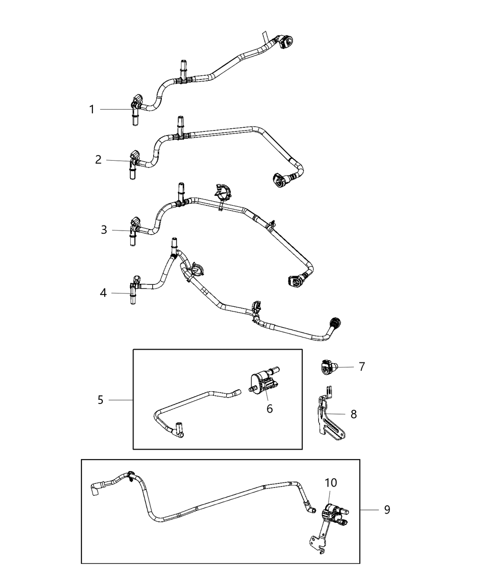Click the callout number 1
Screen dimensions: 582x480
tap(91, 110)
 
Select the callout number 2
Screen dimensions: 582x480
tap(98, 160)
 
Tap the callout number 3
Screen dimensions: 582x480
tap(104, 230)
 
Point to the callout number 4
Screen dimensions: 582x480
tap(103, 293)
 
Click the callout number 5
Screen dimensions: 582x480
tap(101, 400)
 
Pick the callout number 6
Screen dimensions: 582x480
tap(270, 409)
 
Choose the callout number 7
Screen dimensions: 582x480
tap(362, 367)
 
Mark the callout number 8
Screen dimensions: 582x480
tap(353, 414)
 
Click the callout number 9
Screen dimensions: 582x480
tap(387, 509)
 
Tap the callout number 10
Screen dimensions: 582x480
tap(331, 482)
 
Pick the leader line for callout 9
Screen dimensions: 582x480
tap(369, 509)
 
